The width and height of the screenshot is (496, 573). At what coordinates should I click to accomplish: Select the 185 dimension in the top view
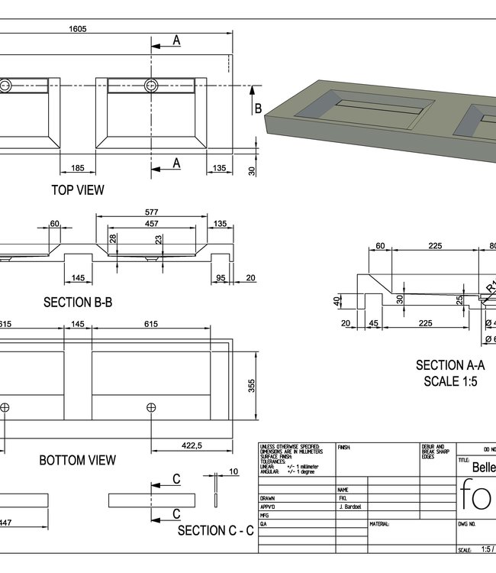tap(77, 167)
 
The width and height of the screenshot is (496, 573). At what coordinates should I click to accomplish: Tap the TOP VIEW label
tap(78, 189)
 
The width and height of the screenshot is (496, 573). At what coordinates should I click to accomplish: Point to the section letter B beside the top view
tap(258, 108)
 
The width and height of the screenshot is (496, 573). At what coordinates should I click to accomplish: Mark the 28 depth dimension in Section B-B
tap(114, 240)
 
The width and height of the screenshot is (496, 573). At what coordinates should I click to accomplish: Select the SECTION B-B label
tap(78, 303)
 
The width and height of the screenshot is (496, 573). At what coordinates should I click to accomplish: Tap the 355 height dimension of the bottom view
tap(253, 386)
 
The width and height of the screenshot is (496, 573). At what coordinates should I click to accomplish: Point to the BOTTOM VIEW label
tap(78, 460)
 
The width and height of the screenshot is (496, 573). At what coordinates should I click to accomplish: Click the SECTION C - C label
tap(216, 530)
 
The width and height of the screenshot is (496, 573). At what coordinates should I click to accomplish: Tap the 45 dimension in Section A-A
tap(374, 323)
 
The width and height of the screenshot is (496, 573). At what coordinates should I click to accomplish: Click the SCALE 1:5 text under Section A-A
tap(450, 380)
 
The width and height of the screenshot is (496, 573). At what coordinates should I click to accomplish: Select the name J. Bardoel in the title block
tap(352, 507)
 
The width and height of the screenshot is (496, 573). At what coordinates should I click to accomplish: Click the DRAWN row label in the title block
tap(269, 497)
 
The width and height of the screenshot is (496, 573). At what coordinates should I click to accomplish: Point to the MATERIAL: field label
tap(381, 525)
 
